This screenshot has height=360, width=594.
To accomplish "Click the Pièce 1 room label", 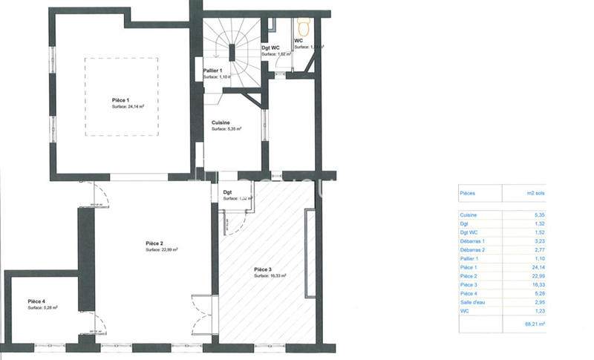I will click(x=120, y=99).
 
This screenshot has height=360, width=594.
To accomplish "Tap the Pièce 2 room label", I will click(x=154, y=243).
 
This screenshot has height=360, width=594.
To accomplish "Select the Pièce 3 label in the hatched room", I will click(x=263, y=269).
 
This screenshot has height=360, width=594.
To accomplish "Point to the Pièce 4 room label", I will click(x=38, y=301).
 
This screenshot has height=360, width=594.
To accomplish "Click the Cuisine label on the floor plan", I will click(x=221, y=122).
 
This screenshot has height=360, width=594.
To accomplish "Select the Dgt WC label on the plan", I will click(x=270, y=48).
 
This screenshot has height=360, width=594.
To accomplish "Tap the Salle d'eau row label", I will click(x=474, y=302).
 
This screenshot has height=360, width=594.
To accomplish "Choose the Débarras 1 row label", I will click(x=472, y=240).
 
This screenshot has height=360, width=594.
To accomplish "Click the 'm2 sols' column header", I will click(x=535, y=192).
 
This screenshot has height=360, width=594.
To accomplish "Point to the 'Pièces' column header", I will click(x=469, y=192).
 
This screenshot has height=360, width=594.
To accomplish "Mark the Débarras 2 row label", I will click(x=472, y=249).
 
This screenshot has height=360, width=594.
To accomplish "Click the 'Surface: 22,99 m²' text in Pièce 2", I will click(x=161, y=250).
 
